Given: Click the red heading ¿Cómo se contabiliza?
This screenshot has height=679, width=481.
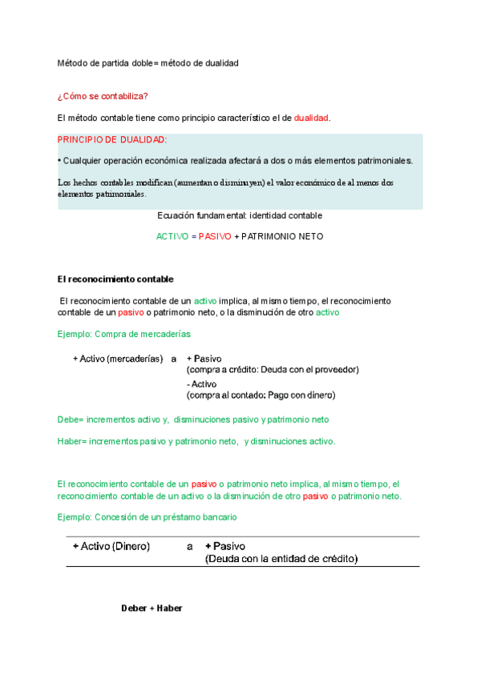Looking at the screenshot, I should [103, 97].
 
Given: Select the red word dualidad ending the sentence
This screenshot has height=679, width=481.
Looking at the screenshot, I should [311, 118].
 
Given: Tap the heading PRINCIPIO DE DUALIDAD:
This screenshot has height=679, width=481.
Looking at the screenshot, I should [112, 139].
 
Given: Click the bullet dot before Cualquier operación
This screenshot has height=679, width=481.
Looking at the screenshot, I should [59, 160].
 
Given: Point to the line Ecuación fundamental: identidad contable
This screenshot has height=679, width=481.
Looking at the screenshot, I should [240, 215].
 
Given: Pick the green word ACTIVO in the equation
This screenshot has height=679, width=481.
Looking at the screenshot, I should [171, 237].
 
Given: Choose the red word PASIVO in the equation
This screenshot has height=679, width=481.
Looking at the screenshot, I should [214, 237].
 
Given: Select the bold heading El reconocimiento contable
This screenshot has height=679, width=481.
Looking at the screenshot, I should [115, 279].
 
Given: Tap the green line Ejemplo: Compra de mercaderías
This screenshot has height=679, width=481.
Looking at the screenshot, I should [124, 333].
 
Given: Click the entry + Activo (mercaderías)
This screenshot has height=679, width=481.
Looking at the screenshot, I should [118, 359].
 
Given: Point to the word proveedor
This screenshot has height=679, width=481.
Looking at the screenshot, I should [336, 370].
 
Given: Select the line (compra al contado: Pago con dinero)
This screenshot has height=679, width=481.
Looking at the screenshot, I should [261, 395].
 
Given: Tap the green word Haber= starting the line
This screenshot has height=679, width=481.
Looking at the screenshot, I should [72, 440].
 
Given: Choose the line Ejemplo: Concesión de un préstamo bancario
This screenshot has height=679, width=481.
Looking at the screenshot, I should [147, 517].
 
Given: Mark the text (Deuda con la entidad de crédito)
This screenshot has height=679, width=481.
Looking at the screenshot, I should [281, 558].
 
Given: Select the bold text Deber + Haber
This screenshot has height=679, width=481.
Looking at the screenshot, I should [152, 609].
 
